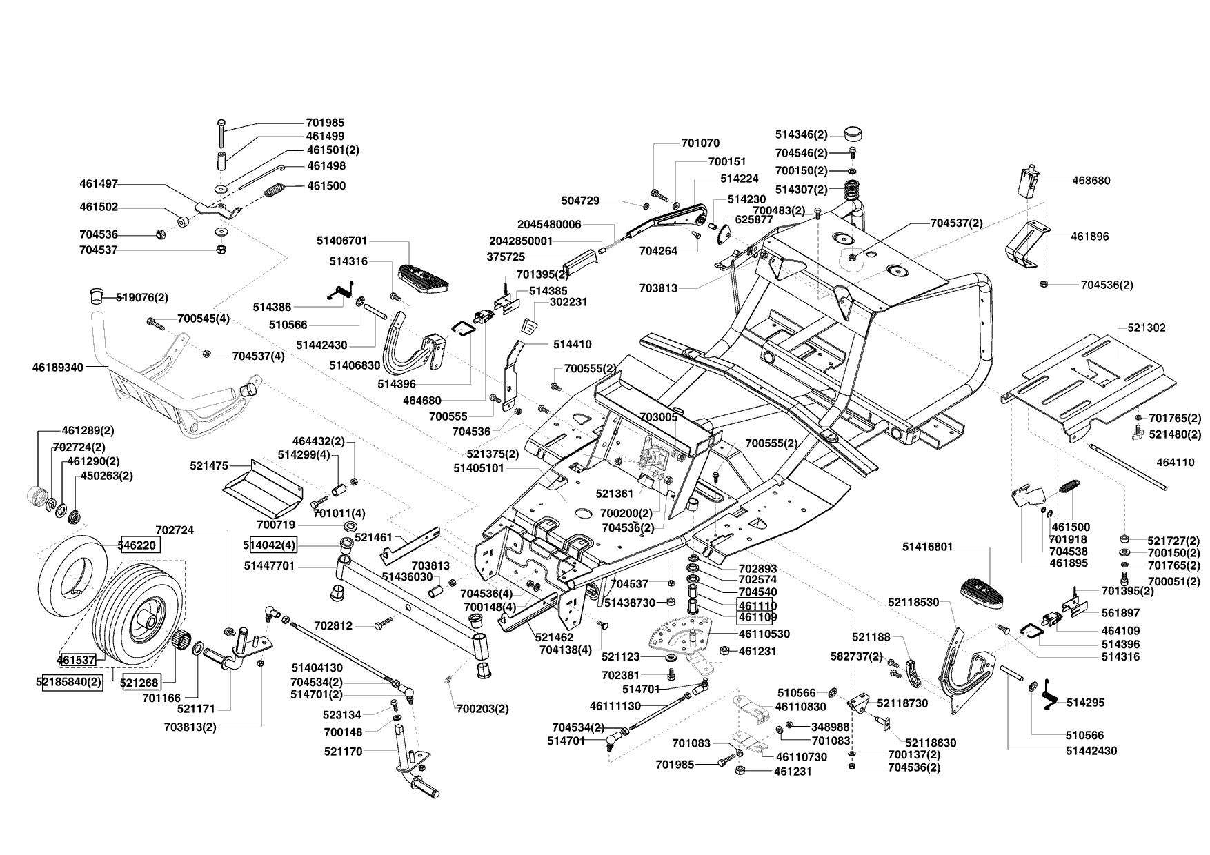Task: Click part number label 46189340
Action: (x=57, y=368)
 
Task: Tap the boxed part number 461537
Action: (x=77, y=660)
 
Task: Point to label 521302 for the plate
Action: (x=1147, y=328)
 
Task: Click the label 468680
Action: (x=1091, y=181)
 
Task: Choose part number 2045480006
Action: (x=549, y=224)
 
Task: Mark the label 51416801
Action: (x=927, y=547)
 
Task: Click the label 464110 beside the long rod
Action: (x=1176, y=463)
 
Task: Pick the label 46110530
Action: (x=764, y=634)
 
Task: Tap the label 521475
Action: (x=209, y=466)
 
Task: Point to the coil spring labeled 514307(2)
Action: (x=855, y=188)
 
